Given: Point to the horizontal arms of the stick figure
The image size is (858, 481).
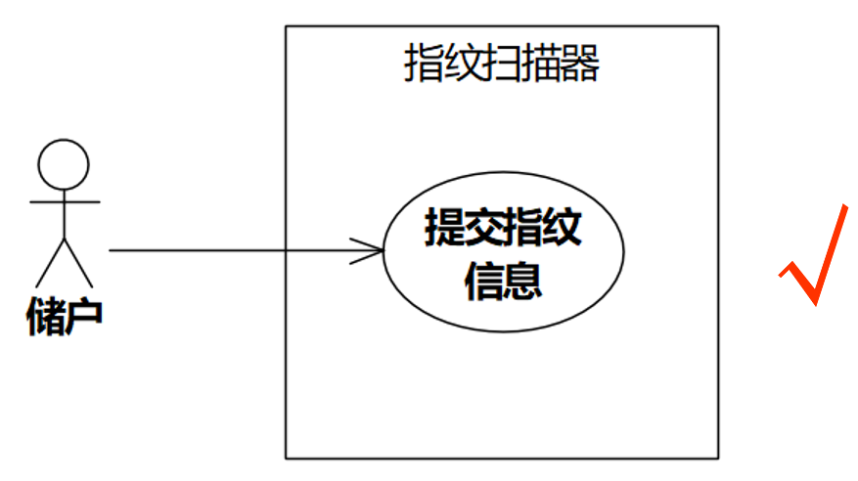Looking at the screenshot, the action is [x=65, y=202].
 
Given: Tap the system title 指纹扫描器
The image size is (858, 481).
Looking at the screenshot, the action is [x=501, y=66].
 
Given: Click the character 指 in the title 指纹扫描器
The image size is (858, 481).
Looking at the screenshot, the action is [x=424, y=66].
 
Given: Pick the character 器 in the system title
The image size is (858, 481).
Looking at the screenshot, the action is [x=579, y=66].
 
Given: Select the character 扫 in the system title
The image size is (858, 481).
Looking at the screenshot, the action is [x=501, y=66].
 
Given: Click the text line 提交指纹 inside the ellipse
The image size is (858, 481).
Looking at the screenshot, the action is [x=503, y=229].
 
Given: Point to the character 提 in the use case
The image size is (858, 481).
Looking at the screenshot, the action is [x=444, y=229].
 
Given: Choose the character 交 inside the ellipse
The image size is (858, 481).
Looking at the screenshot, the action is [x=483, y=229].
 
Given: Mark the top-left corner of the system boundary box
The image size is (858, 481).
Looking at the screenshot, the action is [x=286, y=26].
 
